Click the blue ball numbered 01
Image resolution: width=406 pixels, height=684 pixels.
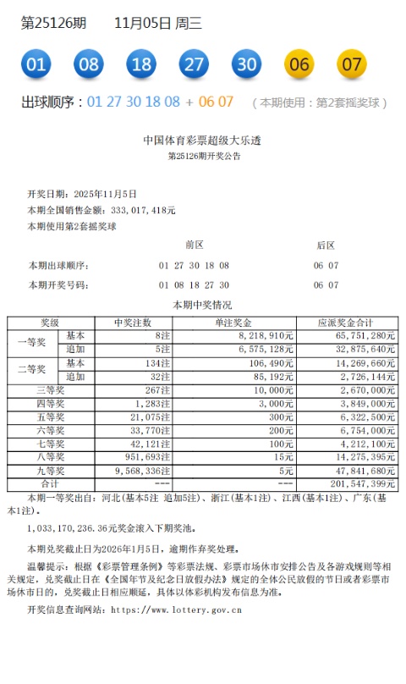point(36,64)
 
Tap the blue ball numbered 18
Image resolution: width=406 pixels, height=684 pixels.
point(141,64)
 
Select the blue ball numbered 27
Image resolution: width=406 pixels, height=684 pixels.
point(195,64)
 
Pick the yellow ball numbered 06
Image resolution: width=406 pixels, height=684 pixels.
point(299,64)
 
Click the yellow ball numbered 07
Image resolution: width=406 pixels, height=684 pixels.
point(352,64)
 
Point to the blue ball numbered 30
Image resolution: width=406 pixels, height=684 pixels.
point(247,64)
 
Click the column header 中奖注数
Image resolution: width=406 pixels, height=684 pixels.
point(133,323)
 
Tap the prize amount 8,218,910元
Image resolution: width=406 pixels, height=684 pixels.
point(266,336)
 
